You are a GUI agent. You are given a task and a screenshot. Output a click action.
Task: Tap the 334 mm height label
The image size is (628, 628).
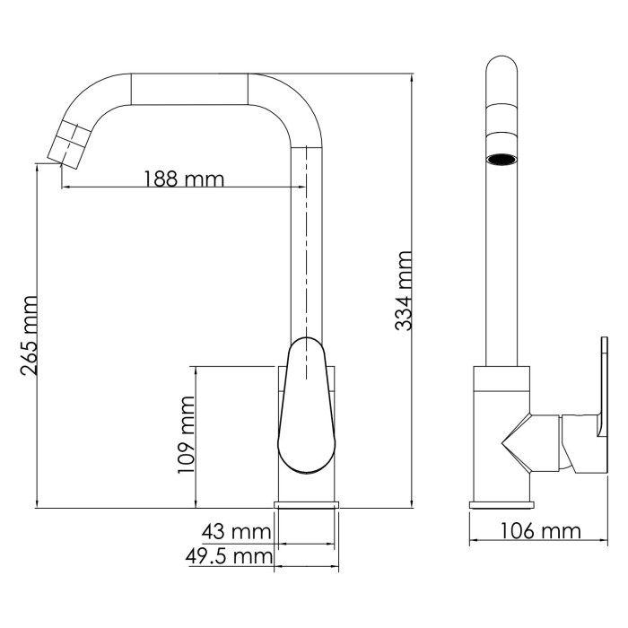point(405,291)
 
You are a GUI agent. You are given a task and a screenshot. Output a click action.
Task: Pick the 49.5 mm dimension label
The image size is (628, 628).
point(229,557)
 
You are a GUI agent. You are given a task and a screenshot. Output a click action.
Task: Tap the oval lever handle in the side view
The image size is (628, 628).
point(305,404)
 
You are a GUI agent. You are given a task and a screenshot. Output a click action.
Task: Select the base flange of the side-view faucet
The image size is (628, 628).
point(308,505)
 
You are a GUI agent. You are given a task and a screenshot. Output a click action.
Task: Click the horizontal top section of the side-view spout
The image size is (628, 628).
point(188,88)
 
